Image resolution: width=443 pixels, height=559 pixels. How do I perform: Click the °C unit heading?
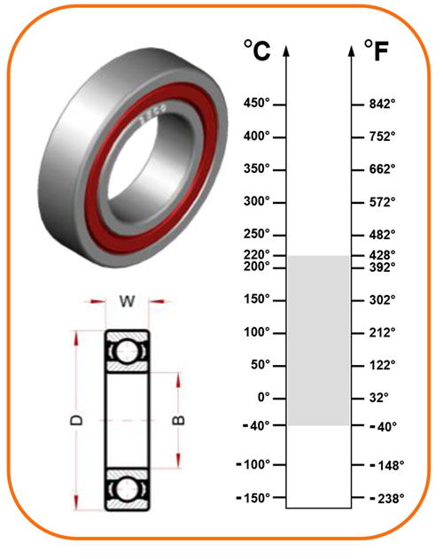(x=257, y=50)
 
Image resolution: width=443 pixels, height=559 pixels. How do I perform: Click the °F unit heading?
(x=377, y=50)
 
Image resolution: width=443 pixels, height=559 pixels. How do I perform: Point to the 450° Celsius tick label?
(x=256, y=103)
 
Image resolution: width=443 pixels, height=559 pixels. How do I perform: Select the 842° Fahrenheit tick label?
(x=383, y=104)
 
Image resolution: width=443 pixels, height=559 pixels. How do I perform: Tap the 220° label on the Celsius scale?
(x=256, y=255)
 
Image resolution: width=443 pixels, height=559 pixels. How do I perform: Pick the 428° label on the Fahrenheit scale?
(x=383, y=255)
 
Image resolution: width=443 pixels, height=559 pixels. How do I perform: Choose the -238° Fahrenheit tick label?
(x=387, y=499)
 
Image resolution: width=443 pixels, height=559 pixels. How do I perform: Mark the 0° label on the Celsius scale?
(x=264, y=397)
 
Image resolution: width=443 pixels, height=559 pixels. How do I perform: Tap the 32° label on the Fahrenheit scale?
(x=379, y=398)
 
